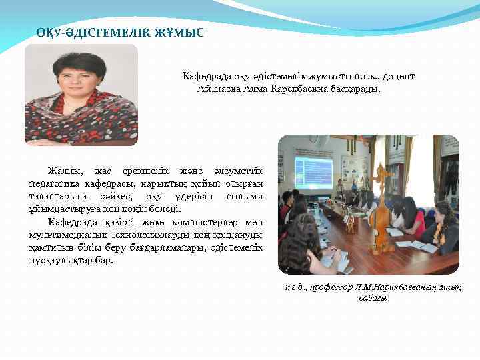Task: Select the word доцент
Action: [399, 77]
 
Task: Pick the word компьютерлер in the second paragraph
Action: [198, 222]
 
